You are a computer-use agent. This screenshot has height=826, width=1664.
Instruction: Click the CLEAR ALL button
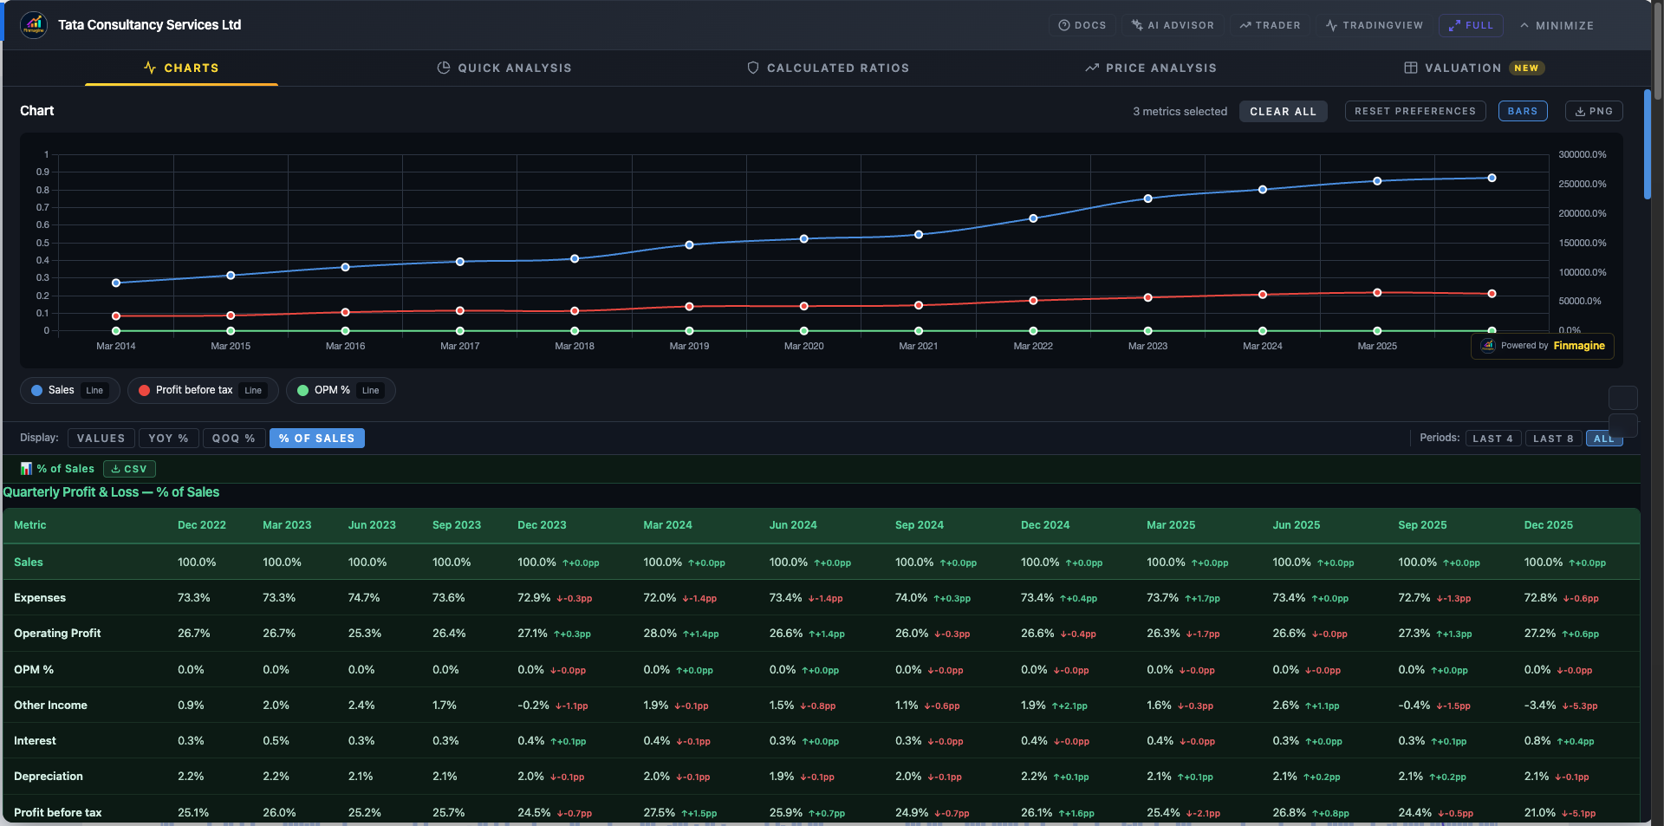pyautogui.click(x=1283, y=112)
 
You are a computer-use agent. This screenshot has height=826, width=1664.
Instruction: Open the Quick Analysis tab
pyautogui.click(x=504, y=68)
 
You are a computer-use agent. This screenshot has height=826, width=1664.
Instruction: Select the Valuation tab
pyautogui.click(x=1462, y=68)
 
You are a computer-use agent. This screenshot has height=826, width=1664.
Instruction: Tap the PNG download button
pyautogui.click(x=1594, y=111)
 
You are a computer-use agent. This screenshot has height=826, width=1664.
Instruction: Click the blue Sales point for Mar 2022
pyautogui.click(x=1033, y=218)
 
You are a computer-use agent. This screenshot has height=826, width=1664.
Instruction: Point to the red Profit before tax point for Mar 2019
pyautogui.click(x=689, y=307)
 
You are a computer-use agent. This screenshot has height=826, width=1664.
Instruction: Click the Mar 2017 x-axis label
pyautogui.click(x=459, y=346)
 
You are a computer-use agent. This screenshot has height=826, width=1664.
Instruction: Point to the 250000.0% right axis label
pyautogui.click(x=1582, y=184)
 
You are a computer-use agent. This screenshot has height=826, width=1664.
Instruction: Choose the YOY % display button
pyautogui.click(x=168, y=439)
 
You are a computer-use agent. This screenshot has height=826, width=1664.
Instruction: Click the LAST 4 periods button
pyautogui.click(x=1492, y=439)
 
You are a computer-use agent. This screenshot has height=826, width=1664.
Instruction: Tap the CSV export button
pyautogui.click(x=129, y=469)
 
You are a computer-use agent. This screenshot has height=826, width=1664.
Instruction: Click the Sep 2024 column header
pyautogui.click(x=919, y=525)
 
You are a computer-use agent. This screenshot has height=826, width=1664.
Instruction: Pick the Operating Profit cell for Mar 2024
pyautogui.click(x=660, y=634)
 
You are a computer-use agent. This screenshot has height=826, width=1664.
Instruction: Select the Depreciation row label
pyautogui.click(x=49, y=777)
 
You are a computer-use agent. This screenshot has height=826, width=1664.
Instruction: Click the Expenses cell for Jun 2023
pyautogui.click(x=363, y=598)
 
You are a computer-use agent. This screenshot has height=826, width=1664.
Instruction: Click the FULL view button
pyautogui.click(x=1471, y=25)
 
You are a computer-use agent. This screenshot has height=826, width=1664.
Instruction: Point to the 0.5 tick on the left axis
pyautogui.click(x=42, y=243)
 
